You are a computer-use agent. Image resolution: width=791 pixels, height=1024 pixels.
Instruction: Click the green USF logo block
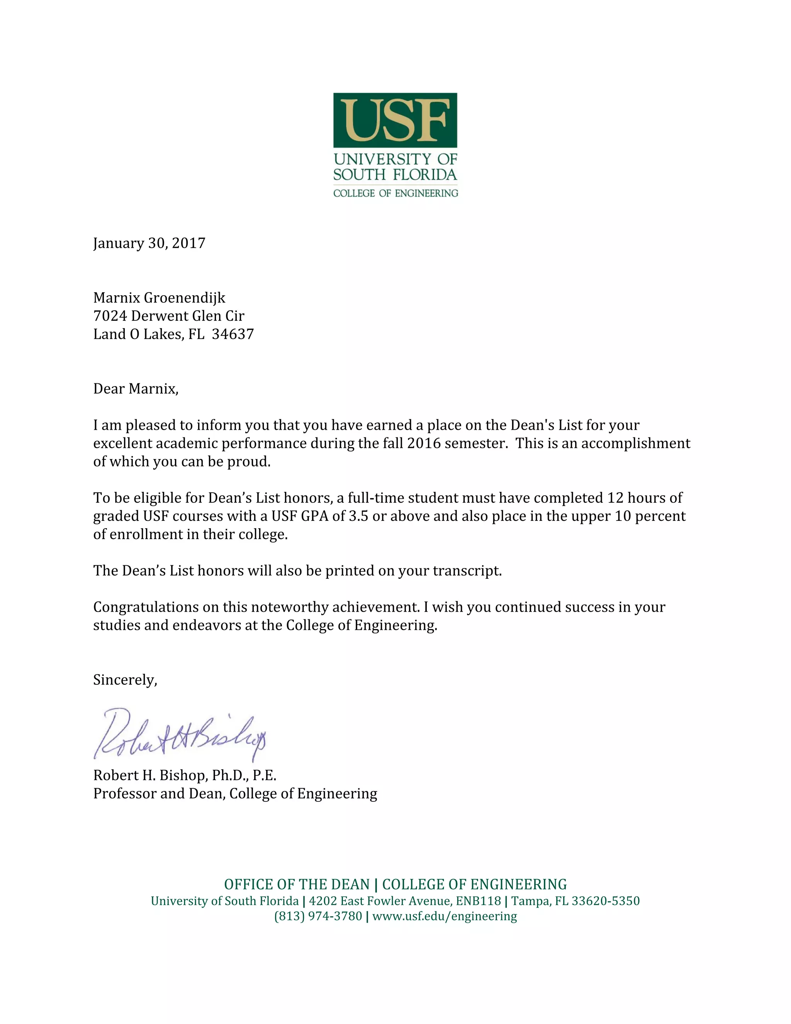click(x=395, y=120)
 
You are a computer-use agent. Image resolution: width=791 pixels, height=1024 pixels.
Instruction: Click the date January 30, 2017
click(x=149, y=243)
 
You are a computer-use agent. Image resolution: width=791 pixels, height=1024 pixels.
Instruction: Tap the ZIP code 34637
click(x=233, y=334)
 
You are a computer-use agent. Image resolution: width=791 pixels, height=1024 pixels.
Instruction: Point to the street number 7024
click(x=110, y=316)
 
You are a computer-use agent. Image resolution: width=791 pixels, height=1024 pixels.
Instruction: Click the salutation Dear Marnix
click(x=136, y=389)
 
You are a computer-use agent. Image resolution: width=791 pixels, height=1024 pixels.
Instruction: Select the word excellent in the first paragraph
click(x=122, y=444)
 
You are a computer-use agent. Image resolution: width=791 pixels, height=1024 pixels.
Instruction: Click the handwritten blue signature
click(x=180, y=735)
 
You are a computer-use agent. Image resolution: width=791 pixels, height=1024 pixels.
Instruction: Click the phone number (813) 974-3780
click(x=318, y=916)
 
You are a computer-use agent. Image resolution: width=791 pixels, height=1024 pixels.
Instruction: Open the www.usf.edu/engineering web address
click(x=445, y=916)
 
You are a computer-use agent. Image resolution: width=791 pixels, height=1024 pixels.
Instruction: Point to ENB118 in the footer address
click(x=478, y=901)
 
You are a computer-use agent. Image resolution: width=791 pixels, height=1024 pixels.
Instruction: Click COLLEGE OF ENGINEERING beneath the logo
click(x=395, y=193)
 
